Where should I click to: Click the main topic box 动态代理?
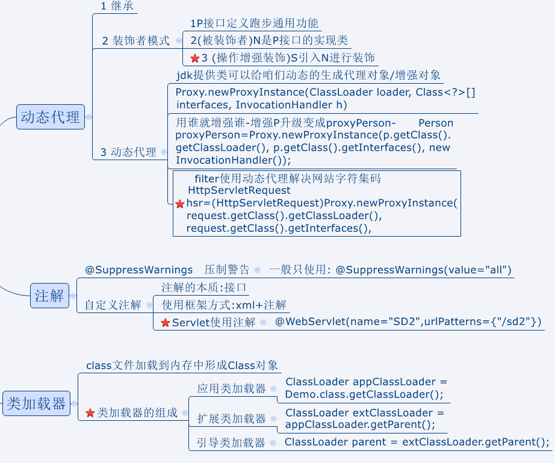coord(50,117)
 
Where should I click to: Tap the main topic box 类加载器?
coord(36,403)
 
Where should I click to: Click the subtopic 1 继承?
coord(117,7)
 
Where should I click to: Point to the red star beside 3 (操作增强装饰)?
coord(194,58)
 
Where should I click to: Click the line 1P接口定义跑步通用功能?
coord(254,24)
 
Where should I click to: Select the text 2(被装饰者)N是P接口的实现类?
coord(269,41)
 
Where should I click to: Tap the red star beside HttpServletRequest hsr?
coord(180,204)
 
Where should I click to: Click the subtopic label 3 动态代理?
coord(128,152)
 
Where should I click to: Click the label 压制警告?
coord(226,270)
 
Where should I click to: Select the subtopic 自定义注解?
coord(113,305)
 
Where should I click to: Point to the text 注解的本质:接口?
coord(204,287)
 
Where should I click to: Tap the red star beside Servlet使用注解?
coord(166,323)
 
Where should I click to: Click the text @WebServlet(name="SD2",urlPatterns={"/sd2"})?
coord(408,322)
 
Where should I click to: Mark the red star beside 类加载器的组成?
coord(90,413)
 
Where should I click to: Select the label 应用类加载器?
coord(231,389)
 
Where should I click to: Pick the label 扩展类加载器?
coord(231,418)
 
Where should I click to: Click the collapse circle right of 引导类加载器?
coord(273,443)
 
